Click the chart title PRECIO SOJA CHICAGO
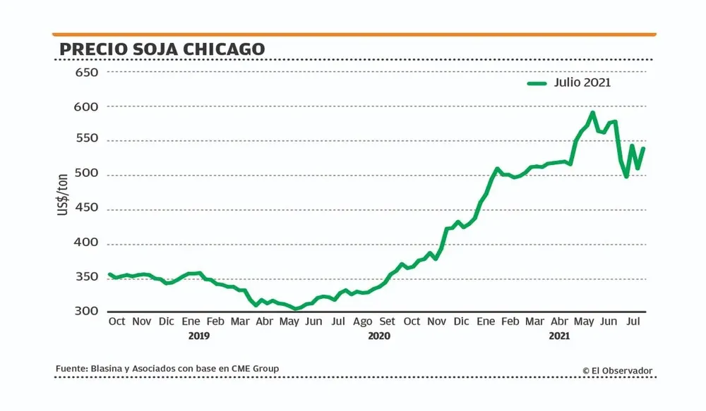pyautogui.click(x=162, y=49)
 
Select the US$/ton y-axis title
pyautogui.click(x=64, y=192)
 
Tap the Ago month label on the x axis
pyautogui.click(x=362, y=321)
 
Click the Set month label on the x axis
pyautogui.click(x=387, y=321)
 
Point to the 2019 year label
pyautogui.click(x=199, y=336)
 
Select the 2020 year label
pyautogui.click(x=379, y=336)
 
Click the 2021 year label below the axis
pyautogui.click(x=560, y=336)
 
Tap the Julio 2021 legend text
pyautogui.click(x=582, y=82)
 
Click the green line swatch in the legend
pyautogui.click(x=537, y=83)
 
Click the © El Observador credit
pyautogui.click(x=617, y=370)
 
